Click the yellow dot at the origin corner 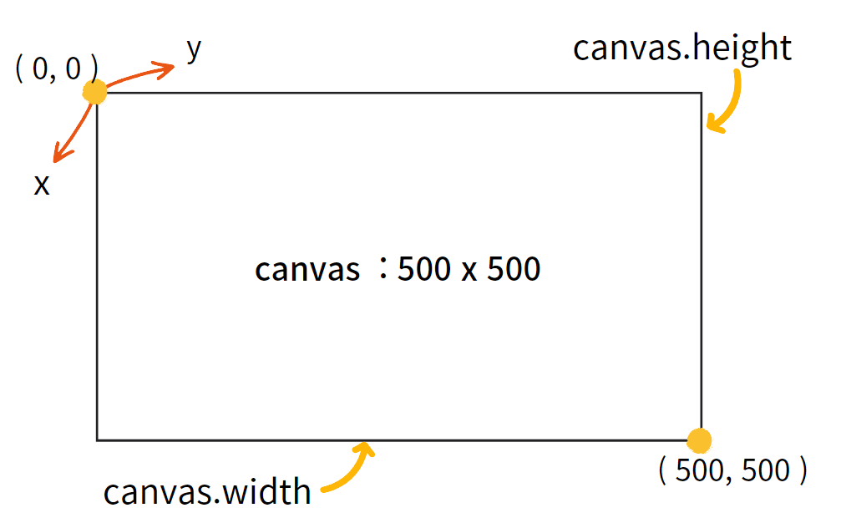95,92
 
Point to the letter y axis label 194,51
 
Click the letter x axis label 42,185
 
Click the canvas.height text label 681,48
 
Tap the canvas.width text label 207,490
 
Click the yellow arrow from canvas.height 727,104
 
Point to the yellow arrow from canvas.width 351,468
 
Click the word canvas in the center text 307,270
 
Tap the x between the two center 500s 469,272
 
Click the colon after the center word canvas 383,270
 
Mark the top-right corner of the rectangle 701,93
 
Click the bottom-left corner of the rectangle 97,439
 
